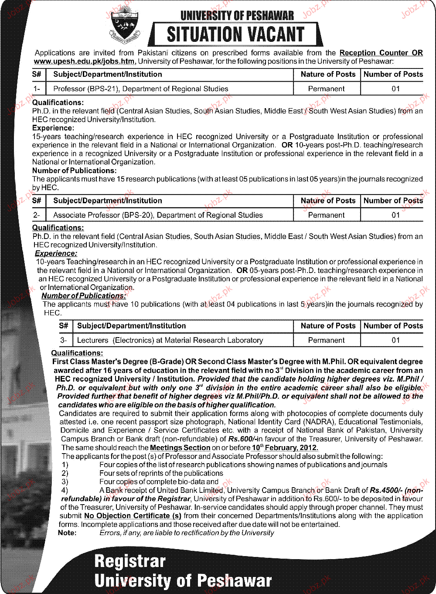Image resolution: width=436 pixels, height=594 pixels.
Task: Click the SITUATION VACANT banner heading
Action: (x=235, y=34)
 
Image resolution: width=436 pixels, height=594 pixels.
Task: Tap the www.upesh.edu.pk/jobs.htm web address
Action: (x=85, y=61)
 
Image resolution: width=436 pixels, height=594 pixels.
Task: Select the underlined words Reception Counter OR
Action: (x=381, y=53)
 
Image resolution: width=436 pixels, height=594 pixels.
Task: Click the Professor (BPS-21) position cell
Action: (x=140, y=89)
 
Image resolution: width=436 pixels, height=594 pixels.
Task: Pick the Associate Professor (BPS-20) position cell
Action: (x=158, y=215)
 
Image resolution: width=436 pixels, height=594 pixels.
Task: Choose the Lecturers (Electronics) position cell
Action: (x=170, y=340)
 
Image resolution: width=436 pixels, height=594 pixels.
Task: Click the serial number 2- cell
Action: (x=37, y=215)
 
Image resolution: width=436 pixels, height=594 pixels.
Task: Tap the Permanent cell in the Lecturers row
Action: (x=326, y=340)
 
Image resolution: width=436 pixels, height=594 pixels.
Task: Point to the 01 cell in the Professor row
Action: (x=395, y=89)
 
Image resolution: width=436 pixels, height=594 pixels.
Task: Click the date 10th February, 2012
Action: (x=285, y=447)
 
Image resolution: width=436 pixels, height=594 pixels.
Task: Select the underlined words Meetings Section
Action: (x=180, y=447)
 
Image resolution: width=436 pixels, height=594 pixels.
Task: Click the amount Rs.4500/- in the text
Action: (x=385, y=490)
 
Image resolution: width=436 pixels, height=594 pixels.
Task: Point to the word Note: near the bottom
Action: (x=67, y=533)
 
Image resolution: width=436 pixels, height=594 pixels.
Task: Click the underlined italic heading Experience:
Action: (x=56, y=253)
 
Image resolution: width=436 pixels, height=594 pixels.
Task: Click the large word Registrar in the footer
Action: (x=130, y=561)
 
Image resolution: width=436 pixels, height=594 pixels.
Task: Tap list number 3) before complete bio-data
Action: (x=65, y=481)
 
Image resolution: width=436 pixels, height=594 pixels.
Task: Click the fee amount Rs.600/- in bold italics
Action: (x=242, y=439)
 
